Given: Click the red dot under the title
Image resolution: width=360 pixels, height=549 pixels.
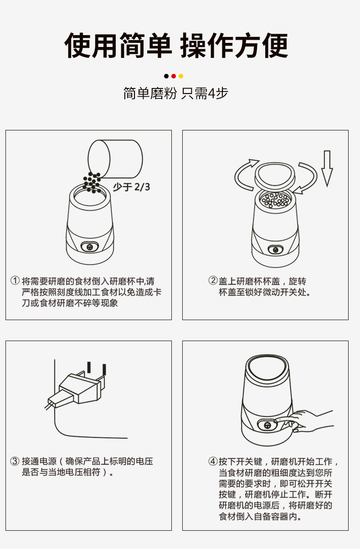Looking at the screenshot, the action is click(x=174, y=76).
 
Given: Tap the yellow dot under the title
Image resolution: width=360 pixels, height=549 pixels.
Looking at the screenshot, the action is click(x=181, y=76).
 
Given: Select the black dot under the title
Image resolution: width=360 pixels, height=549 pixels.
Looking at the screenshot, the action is click(x=166, y=76).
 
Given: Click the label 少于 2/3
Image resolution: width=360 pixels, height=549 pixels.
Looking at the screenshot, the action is click(x=131, y=187).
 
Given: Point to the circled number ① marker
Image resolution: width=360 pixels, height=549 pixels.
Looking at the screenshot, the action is click(x=15, y=280).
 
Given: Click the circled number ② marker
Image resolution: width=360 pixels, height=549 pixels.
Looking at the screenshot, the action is click(x=213, y=280).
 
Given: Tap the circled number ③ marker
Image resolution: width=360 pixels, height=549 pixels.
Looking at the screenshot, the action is click(x=15, y=461).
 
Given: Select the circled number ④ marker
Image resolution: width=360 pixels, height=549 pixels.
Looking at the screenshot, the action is click(x=213, y=461).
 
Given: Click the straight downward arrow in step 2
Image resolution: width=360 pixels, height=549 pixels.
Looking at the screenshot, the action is click(x=327, y=169).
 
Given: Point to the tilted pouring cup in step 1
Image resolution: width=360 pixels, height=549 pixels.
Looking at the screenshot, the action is click(x=115, y=159).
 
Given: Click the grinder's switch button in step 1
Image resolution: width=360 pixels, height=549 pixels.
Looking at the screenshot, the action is click(x=90, y=247).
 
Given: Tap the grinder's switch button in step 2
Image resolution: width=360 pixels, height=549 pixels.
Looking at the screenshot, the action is click(x=276, y=250).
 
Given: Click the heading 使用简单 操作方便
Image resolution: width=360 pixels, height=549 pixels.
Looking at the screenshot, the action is click(x=176, y=46).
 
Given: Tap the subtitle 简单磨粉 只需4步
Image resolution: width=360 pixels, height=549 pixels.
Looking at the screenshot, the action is click(x=175, y=93).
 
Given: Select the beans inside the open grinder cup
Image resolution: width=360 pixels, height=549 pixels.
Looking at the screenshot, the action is click(x=275, y=200).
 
